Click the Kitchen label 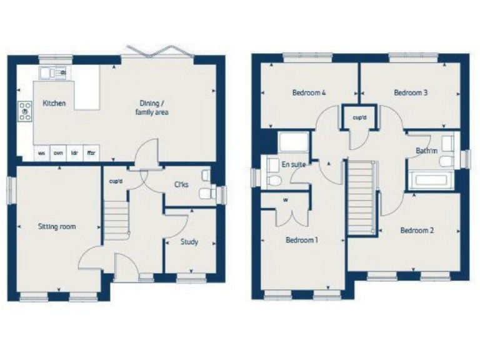pos(54,103)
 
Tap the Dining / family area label pos(152,107)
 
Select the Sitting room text pos(57,227)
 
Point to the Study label pos(189,241)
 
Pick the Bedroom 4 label pos(309,93)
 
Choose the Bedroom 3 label pos(411,93)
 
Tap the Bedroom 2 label pos(417,230)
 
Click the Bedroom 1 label pos(302,239)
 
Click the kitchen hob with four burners pos(26,111)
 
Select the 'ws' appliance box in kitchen pos(41,152)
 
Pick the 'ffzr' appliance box pos(91,152)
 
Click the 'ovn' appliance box pos(57,152)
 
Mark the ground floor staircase pos(116,219)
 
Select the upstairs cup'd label pos(359,117)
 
